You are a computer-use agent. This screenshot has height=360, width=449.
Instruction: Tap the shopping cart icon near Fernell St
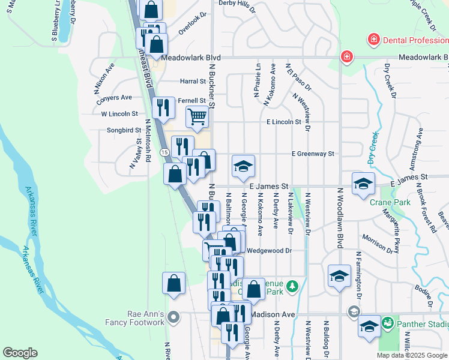click(197, 116)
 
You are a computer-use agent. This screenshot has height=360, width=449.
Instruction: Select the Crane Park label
click(390, 202)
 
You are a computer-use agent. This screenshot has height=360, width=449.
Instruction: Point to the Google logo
click(20, 353)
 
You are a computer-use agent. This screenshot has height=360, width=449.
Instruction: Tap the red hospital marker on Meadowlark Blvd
click(346, 58)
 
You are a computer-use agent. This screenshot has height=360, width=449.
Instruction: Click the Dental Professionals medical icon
click(373, 41)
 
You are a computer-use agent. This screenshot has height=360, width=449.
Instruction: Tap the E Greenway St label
click(312, 154)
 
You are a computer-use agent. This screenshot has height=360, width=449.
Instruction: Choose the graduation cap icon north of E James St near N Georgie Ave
click(244, 166)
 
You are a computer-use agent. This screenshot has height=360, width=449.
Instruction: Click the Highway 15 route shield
click(164, 154)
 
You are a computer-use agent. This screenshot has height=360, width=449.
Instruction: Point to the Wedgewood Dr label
click(268, 251)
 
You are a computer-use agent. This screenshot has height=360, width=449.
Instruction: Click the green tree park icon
click(292, 286)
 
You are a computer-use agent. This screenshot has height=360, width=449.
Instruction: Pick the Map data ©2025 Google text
click(412, 355)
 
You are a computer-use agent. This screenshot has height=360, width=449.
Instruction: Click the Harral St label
click(193, 81)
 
